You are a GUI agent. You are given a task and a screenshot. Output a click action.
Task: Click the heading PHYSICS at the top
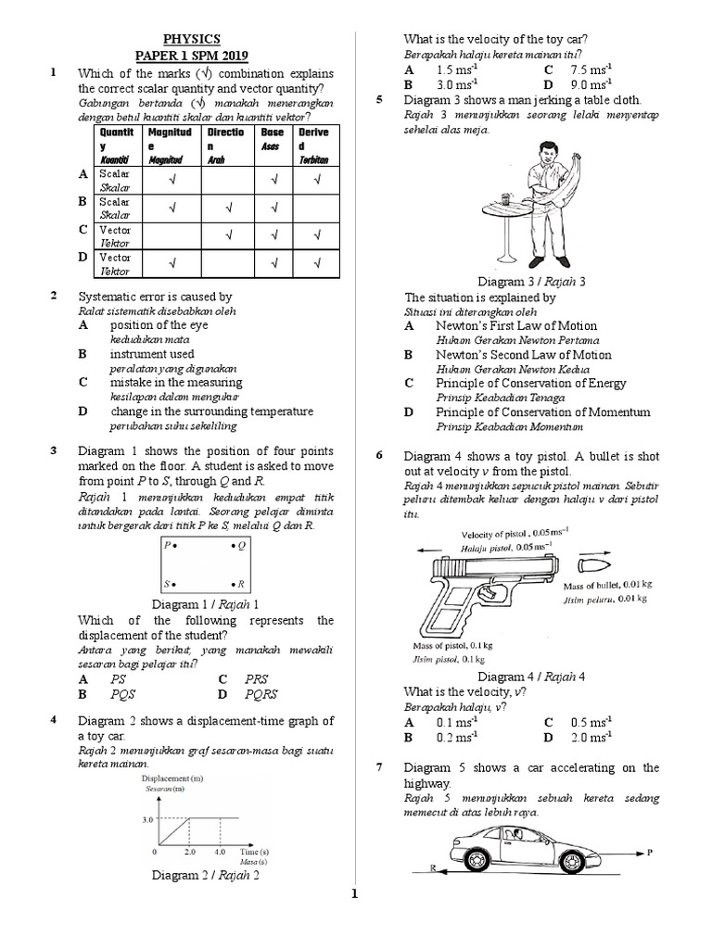click(x=192, y=39)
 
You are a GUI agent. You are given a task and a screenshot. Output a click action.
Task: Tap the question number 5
click(x=380, y=100)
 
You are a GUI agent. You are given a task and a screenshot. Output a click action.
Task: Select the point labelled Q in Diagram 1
click(x=235, y=547)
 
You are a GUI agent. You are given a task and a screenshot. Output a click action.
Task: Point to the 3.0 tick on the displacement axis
click(x=147, y=819)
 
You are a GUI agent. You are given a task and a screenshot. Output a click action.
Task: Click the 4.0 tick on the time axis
click(x=220, y=850)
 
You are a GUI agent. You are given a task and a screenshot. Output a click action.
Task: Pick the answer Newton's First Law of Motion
click(x=516, y=325)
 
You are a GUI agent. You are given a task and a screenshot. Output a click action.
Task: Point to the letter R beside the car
click(x=433, y=868)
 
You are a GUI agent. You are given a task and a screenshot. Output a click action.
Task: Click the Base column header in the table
click(x=272, y=132)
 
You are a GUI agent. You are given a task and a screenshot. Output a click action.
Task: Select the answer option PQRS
click(x=260, y=693)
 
